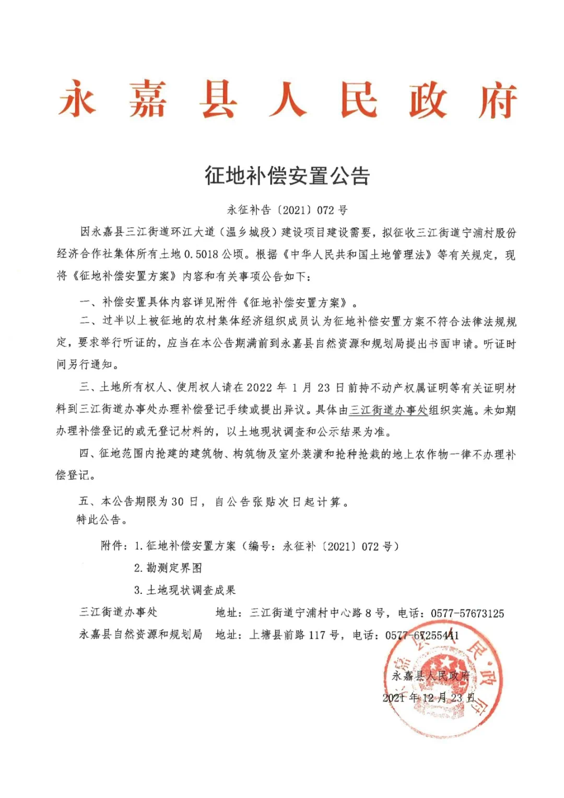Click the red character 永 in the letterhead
[x=77, y=99]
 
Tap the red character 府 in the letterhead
[x=498, y=100]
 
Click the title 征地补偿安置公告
[x=287, y=175]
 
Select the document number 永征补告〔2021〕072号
[x=287, y=210]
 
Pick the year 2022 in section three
[x=260, y=388]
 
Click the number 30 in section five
[x=178, y=502]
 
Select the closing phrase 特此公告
[x=102, y=520]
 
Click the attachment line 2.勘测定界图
[x=168, y=568]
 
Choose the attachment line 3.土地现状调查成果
[x=185, y=590]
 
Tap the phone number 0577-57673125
[x=467, y=613]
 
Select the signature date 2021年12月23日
[x=428, y=698]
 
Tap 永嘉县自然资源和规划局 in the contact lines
[x=140, y=635]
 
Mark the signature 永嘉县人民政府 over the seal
[x=431, y=676]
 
